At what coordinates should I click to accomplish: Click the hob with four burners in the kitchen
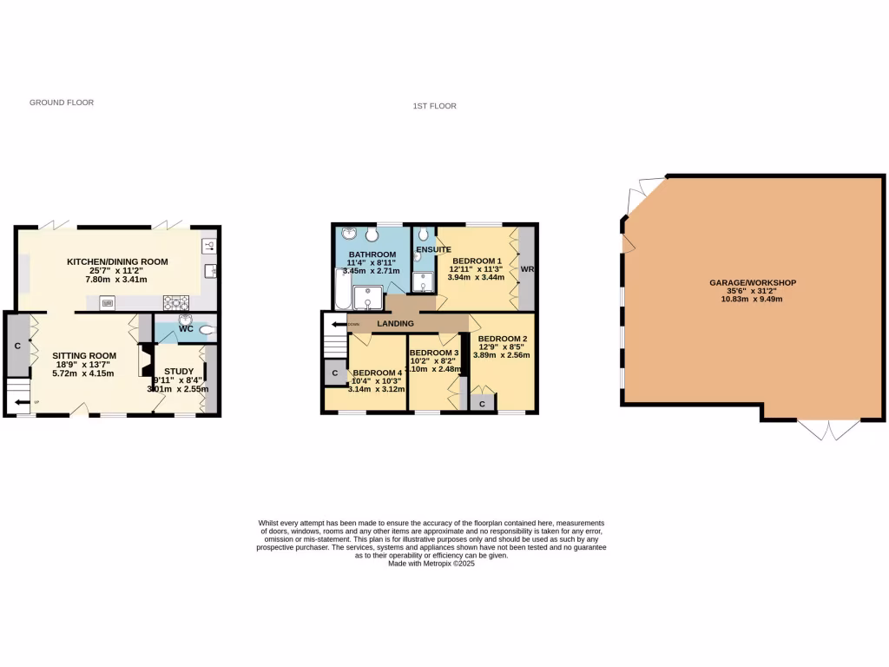coord(175,303)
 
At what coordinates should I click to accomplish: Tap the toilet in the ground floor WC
coord(206,329)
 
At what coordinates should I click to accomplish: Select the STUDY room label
coord(179,371)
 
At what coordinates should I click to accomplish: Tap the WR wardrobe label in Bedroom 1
coord(526,269)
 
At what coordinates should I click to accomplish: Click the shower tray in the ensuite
coord(424,281)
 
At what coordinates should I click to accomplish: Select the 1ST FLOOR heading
coord(435,106)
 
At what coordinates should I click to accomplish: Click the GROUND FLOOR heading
coord(62,102)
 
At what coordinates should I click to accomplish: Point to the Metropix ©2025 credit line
coord(431,564)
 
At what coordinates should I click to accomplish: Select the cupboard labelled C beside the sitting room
coord(17,346)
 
